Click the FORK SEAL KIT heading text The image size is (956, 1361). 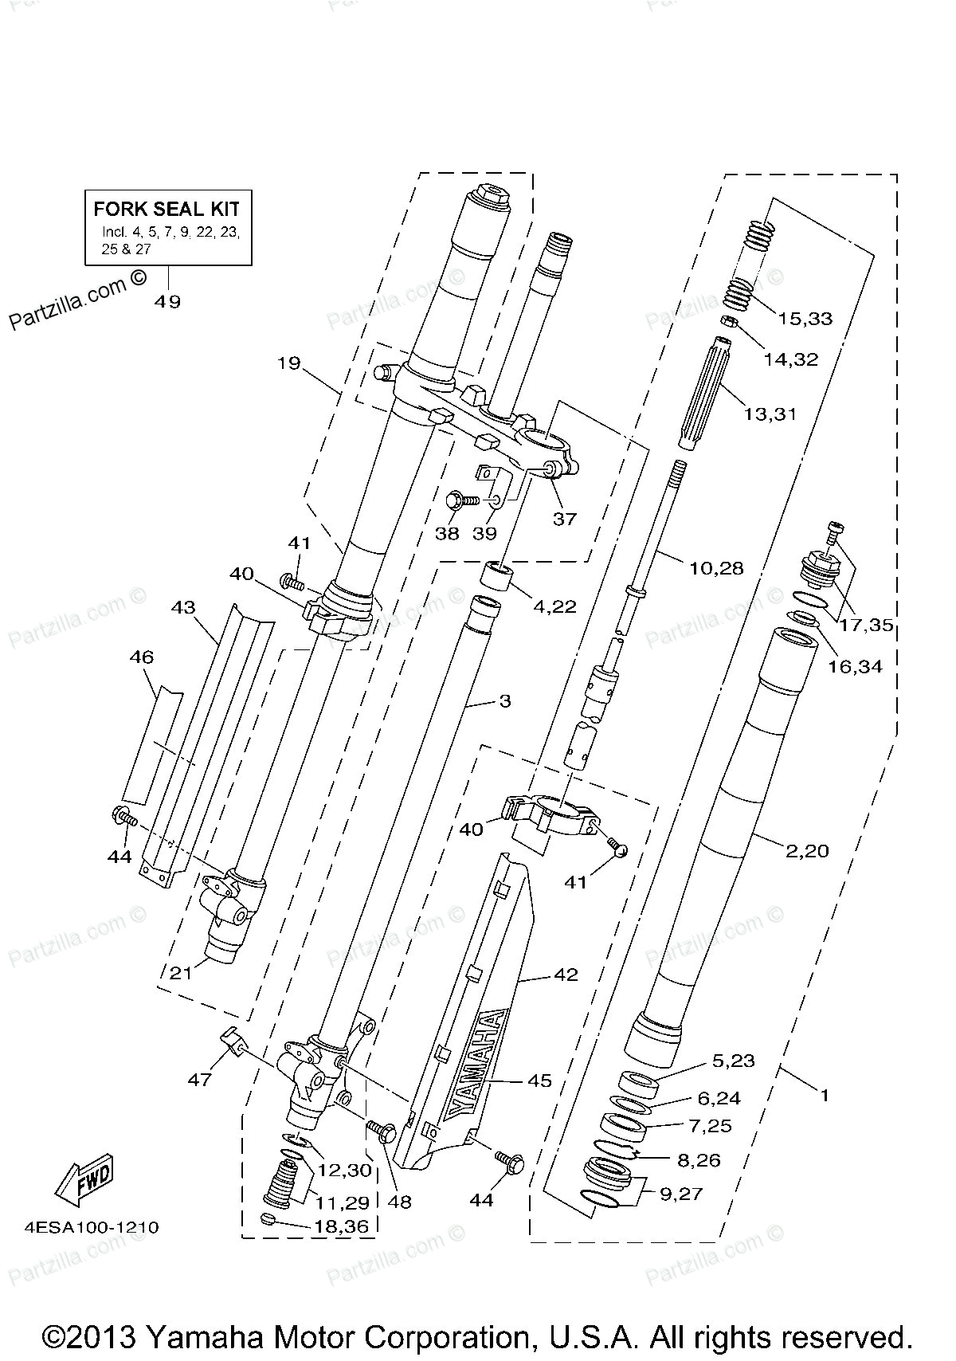[x=167, y=210]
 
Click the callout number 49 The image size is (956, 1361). [x=169, y=301]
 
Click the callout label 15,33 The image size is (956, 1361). [x=805, y=319]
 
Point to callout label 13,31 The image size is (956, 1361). [x=770, y=414]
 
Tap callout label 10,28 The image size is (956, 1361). [x=715, y=568]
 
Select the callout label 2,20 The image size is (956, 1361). [x=807, y=851]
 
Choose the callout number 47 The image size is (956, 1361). [x=200, y=1079]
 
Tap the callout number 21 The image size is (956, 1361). [x=181, y=972]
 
